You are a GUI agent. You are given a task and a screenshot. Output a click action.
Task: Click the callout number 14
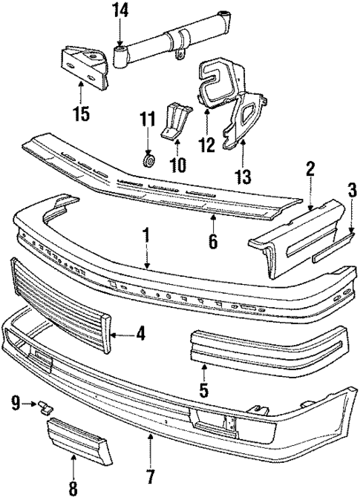click(x=120, y=10)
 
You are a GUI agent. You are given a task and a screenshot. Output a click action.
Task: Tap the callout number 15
click(x=80, y=114)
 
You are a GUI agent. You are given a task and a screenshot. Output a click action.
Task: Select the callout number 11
click(x=148, y=118)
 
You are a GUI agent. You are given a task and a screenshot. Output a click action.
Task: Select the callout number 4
click(x=140, y=335)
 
